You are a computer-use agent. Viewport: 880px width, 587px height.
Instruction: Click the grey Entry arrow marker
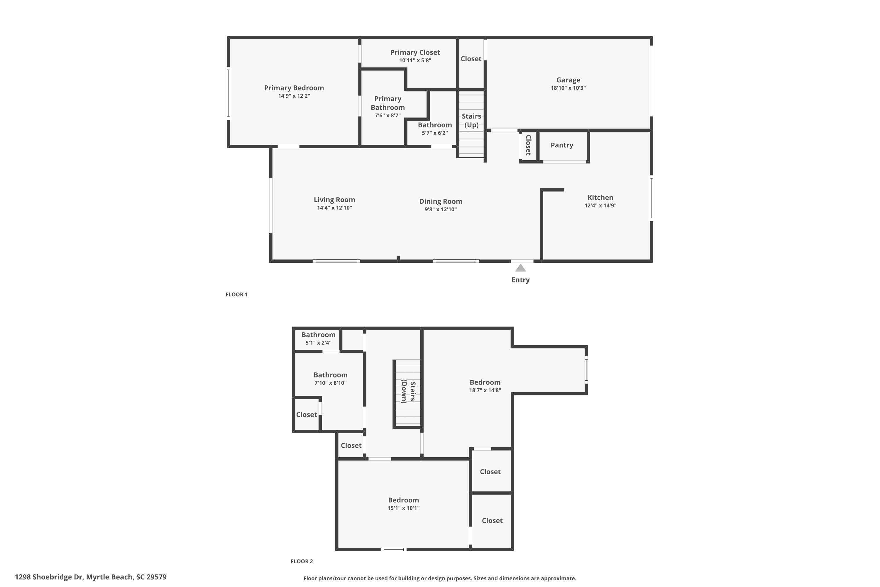pos(520,268)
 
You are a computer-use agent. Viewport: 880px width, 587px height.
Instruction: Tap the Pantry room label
pos(562,145)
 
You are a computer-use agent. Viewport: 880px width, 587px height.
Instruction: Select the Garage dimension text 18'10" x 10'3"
pos(568,88)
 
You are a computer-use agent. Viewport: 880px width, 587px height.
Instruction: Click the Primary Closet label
pos(415,53)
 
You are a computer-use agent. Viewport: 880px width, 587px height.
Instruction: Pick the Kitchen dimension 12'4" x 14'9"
pos(600,205)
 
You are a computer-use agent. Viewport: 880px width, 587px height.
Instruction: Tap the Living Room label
pos(334,200)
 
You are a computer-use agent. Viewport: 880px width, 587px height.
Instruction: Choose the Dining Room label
pos(440,201)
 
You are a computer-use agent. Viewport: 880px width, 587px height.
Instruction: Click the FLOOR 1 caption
pos(236,295)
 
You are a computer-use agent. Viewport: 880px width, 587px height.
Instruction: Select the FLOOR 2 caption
pos(302,561)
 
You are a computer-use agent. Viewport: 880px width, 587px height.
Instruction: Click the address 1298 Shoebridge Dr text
pos(49,577)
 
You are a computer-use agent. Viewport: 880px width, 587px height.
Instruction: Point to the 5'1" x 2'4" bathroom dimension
pos(318,343)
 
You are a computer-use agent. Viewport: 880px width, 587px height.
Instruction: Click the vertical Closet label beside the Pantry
pos(528,145)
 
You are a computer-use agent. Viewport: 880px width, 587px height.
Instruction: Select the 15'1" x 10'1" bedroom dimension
pos(403,508)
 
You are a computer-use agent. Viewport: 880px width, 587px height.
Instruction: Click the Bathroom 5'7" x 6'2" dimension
pos(435,133)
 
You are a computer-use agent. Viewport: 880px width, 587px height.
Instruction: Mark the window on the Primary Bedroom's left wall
pos(228,93)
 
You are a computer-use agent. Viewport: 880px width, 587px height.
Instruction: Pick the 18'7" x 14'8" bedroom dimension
pos(485,390)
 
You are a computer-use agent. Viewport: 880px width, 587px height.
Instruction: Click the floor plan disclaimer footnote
pos(440,578)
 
